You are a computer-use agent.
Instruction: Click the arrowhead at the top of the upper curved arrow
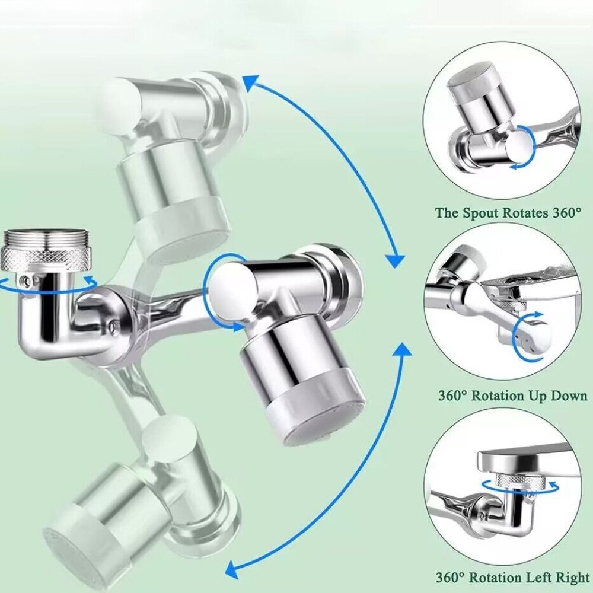(250, 82)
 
